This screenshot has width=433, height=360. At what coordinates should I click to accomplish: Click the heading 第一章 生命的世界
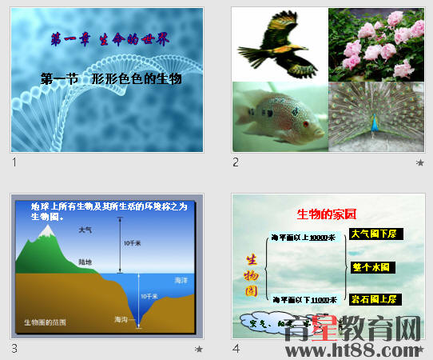click(x=110, y=38)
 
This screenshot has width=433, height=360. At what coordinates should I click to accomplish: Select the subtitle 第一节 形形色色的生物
click(x=112, y=78)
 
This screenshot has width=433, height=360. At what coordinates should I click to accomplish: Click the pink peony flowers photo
click(x=375, y=44)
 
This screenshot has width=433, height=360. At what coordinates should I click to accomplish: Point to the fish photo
click(x=280, y=117)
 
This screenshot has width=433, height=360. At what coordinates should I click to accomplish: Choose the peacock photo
click(x=375, y=117)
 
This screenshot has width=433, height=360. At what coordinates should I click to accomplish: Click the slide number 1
click(x=14, y=162)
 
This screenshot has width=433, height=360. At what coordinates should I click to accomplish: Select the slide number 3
click(x=14, y=349)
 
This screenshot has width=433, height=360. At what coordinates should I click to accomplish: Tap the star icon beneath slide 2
click(x=420, y=162)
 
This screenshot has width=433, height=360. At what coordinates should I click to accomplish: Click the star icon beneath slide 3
click(x=199, y=349)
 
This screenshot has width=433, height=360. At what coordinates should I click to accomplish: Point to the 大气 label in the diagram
click(x=85, y=230)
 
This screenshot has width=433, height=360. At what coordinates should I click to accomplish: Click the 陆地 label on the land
click(x=85, y=262)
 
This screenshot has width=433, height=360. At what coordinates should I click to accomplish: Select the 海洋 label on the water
click(x=181, y=280)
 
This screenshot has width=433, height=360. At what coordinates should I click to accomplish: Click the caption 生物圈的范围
click(x=45, y=322)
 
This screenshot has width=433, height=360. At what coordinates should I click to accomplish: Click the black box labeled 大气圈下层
click(x=376, y=234)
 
